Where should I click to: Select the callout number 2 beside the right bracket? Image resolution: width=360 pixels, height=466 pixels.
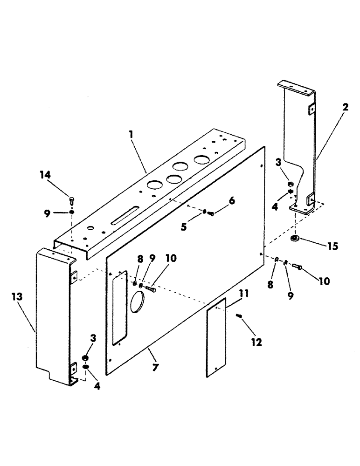[345, 107]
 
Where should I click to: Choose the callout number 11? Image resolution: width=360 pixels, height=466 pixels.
[243, 294]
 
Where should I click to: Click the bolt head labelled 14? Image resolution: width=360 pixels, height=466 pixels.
[71, 200]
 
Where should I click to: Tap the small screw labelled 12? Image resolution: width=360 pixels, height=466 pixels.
[240, 316]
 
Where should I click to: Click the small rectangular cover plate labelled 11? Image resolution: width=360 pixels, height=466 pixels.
[215, 336]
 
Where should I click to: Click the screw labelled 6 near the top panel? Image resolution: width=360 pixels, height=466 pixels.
[210, 213]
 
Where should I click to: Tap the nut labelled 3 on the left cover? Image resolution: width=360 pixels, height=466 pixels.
[86, 357]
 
